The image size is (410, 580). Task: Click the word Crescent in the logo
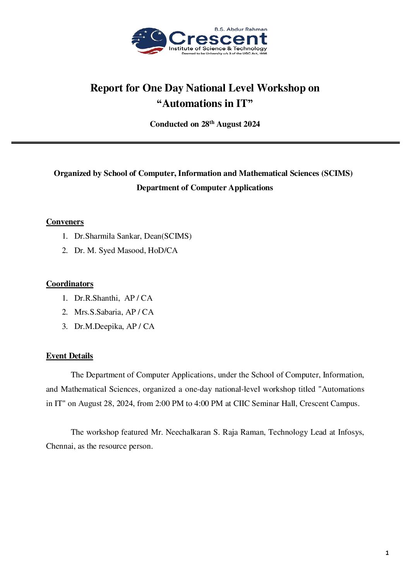[218, 39]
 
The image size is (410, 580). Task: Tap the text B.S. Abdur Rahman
[241, 29]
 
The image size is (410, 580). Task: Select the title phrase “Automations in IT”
[205, 103]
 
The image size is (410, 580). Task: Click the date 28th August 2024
[230, 124]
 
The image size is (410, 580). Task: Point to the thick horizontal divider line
[205, 143]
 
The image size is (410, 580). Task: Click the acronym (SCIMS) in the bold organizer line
[337, 173]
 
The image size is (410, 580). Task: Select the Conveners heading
[65, 222]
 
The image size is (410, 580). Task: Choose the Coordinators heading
[70, 284]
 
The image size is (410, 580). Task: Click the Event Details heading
[69, 356]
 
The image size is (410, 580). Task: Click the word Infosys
[350, 432]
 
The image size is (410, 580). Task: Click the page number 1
[387, 553]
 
